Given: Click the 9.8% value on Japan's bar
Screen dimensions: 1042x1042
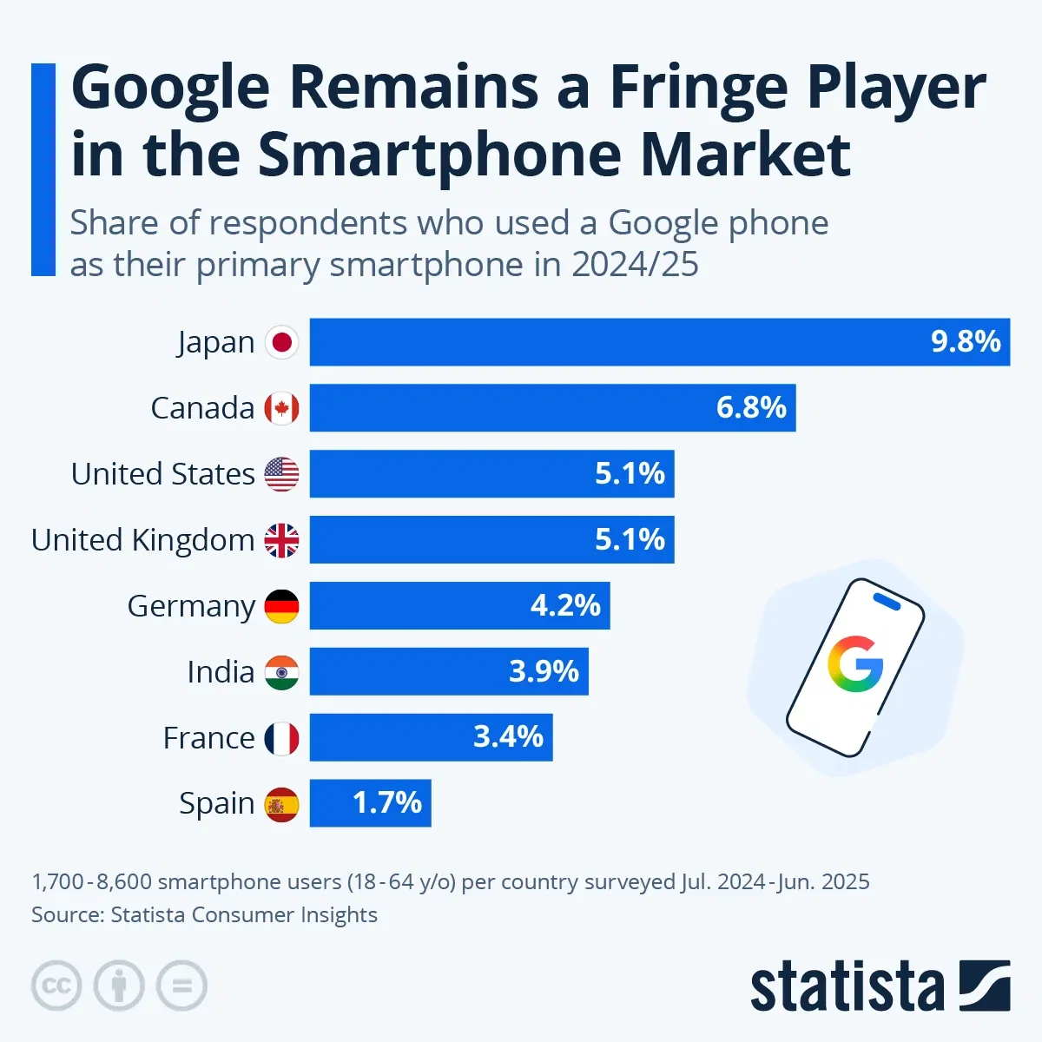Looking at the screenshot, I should (x=966, y=341).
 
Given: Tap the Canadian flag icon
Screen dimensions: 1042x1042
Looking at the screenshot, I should (x=281, y=407).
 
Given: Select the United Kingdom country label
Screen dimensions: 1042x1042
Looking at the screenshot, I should (x=142, y=540).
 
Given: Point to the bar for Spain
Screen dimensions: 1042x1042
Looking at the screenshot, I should (x=370, y=803).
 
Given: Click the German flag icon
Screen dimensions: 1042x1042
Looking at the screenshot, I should (x=281, y=606).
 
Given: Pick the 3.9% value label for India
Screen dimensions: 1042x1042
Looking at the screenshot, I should (x=544, y=671).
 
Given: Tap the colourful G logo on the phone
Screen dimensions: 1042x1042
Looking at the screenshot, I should (x=854, y=664).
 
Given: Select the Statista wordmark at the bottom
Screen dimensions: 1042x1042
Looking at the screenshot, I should (x=847, y=987).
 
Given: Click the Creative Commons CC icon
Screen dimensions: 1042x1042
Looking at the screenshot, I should (x=56, y=986).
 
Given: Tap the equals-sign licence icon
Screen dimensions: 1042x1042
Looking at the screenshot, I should (x=181, y=986).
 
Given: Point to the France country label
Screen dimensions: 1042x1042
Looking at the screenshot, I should (x=208, y=738).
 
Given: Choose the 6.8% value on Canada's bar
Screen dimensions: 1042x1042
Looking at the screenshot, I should (x=751, y=407).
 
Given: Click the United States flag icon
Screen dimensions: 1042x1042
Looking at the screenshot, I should (x=281, y=474).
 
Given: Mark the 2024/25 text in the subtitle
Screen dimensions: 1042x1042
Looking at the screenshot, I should (x=634, y=265).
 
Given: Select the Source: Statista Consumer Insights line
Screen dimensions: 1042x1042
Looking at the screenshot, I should (x=204, y=914).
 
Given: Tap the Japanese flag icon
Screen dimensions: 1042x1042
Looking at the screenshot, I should (x=281, y=342).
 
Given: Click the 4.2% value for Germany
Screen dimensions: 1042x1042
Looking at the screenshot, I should (x=565, y=605).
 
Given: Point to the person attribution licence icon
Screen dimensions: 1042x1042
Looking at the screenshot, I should (x=119, y=986).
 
